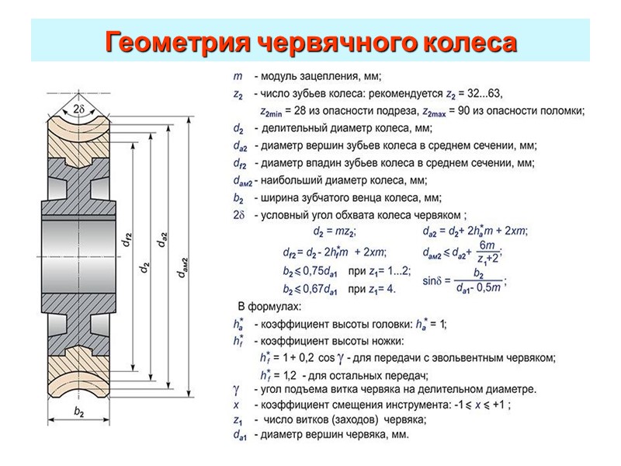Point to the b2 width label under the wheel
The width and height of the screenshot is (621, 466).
(80, 412)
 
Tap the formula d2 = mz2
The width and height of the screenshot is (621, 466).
(335, 231)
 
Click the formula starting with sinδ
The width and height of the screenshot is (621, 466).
(463, 281)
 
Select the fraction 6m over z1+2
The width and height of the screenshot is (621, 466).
(487, 252)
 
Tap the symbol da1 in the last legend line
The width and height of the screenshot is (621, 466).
(241, 436)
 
